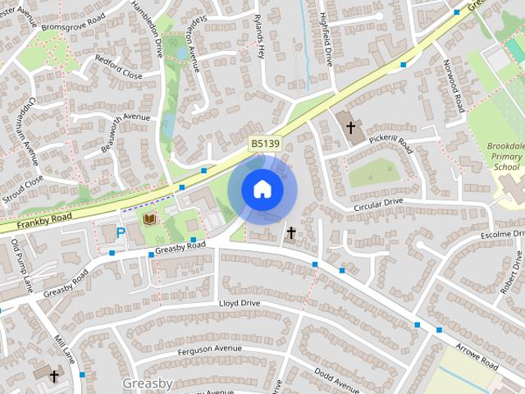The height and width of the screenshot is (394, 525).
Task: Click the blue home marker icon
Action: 262,190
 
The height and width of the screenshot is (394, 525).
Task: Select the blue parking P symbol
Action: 121,232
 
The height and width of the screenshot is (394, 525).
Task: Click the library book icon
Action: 149,219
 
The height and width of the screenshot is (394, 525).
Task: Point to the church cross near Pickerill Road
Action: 351,127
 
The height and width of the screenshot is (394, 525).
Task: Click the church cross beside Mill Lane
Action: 54,376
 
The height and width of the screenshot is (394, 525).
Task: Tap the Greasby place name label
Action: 147,383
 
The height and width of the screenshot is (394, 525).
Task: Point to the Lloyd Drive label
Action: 239,304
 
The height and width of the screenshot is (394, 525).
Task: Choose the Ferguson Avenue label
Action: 209,349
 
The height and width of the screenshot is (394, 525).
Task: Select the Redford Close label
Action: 118,71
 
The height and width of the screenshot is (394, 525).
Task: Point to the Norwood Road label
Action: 454,85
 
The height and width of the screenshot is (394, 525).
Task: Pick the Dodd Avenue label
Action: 336,379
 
